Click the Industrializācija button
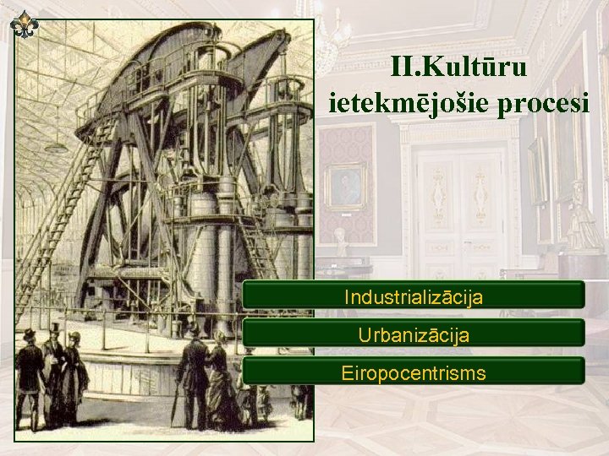pyautogui.click(x=413, y=296)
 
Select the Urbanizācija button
pyautogui.click(x=413, y=334)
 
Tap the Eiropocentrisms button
pyautogui.click(x=413, y=372)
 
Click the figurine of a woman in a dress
pyautogui.click(x=582, y=215)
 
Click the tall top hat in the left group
pyautogui.click(x=55, y=328)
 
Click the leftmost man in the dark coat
pyautogui.click(x=30, y=376)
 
